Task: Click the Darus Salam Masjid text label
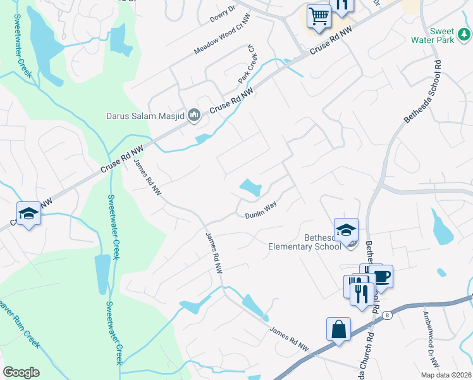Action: pos(145,116)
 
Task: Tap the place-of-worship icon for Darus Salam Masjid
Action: pos(194,115)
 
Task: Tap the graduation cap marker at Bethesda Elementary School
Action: pos(346,230)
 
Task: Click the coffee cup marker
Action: pos(381,276)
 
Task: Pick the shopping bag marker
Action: pos(338,329)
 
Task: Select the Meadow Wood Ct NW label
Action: pos(218,39)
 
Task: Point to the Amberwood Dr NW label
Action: pos(433,339)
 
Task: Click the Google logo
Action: pos(21,372)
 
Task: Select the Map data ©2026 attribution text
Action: pos(446,375)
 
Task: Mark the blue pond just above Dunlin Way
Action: pos(250,187)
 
